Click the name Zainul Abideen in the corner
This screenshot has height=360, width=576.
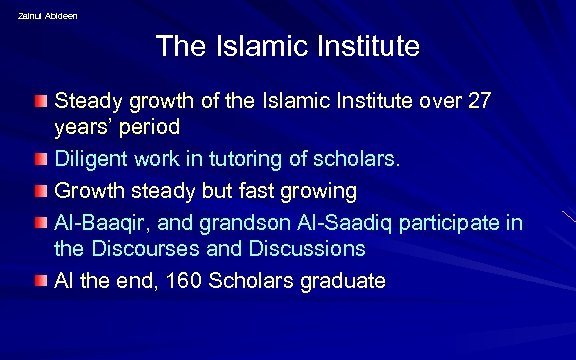coord(47,16)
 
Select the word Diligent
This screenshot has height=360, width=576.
coord(90,158)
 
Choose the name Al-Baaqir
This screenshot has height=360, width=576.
coord(99,222)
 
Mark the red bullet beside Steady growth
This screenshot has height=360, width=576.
coord(39,102)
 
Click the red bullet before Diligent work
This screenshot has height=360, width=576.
coord(39,159)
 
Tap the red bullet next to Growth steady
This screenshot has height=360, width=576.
coord(39,191)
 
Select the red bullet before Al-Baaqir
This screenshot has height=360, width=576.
coord(39,223)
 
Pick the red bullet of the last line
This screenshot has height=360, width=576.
coord(39,281)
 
